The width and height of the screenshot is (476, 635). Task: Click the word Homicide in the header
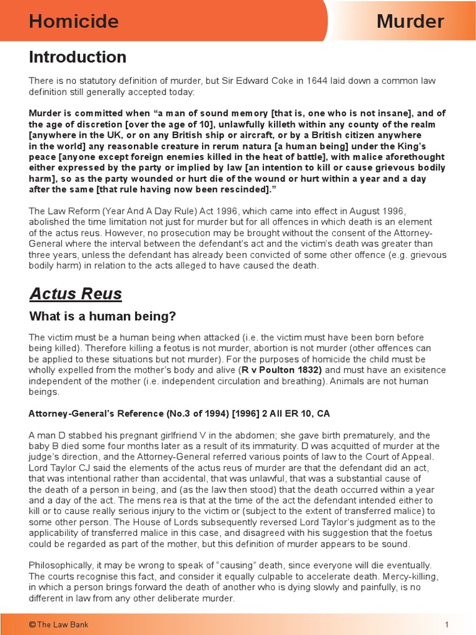[x=73, y=22]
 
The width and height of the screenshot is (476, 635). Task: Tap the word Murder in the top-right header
[x=410, y=22]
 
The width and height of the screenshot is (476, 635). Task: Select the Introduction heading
[x=77, y=58]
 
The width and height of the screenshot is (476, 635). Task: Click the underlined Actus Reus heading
[x=76, y=293]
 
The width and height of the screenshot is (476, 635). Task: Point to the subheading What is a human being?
[x=103, y=317]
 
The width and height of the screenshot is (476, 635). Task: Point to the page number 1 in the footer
[x=446, y=624]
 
